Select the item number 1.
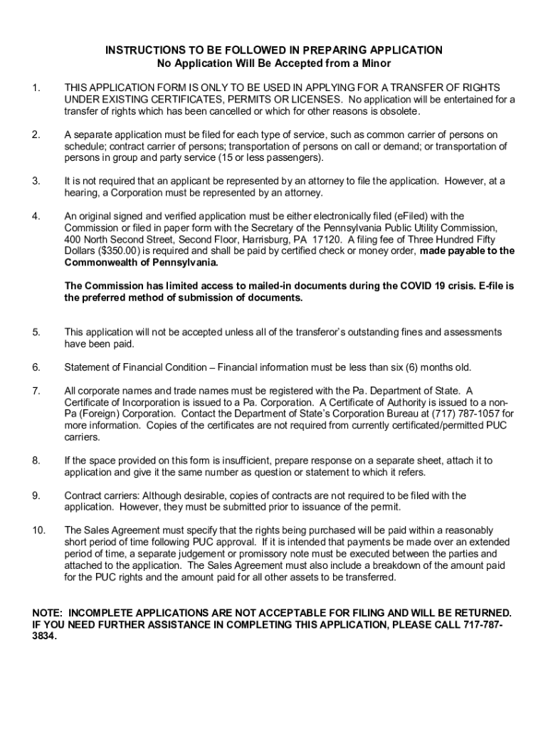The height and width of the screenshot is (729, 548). point(36,88)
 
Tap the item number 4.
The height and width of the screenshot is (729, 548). point(36,216)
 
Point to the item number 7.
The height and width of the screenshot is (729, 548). point(36,390)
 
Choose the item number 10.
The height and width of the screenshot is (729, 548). point(38,530)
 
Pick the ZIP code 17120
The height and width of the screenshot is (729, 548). point(320,239)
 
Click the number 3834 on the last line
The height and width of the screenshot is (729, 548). point(44,637)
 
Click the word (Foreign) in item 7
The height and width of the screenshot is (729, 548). point(100,414)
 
